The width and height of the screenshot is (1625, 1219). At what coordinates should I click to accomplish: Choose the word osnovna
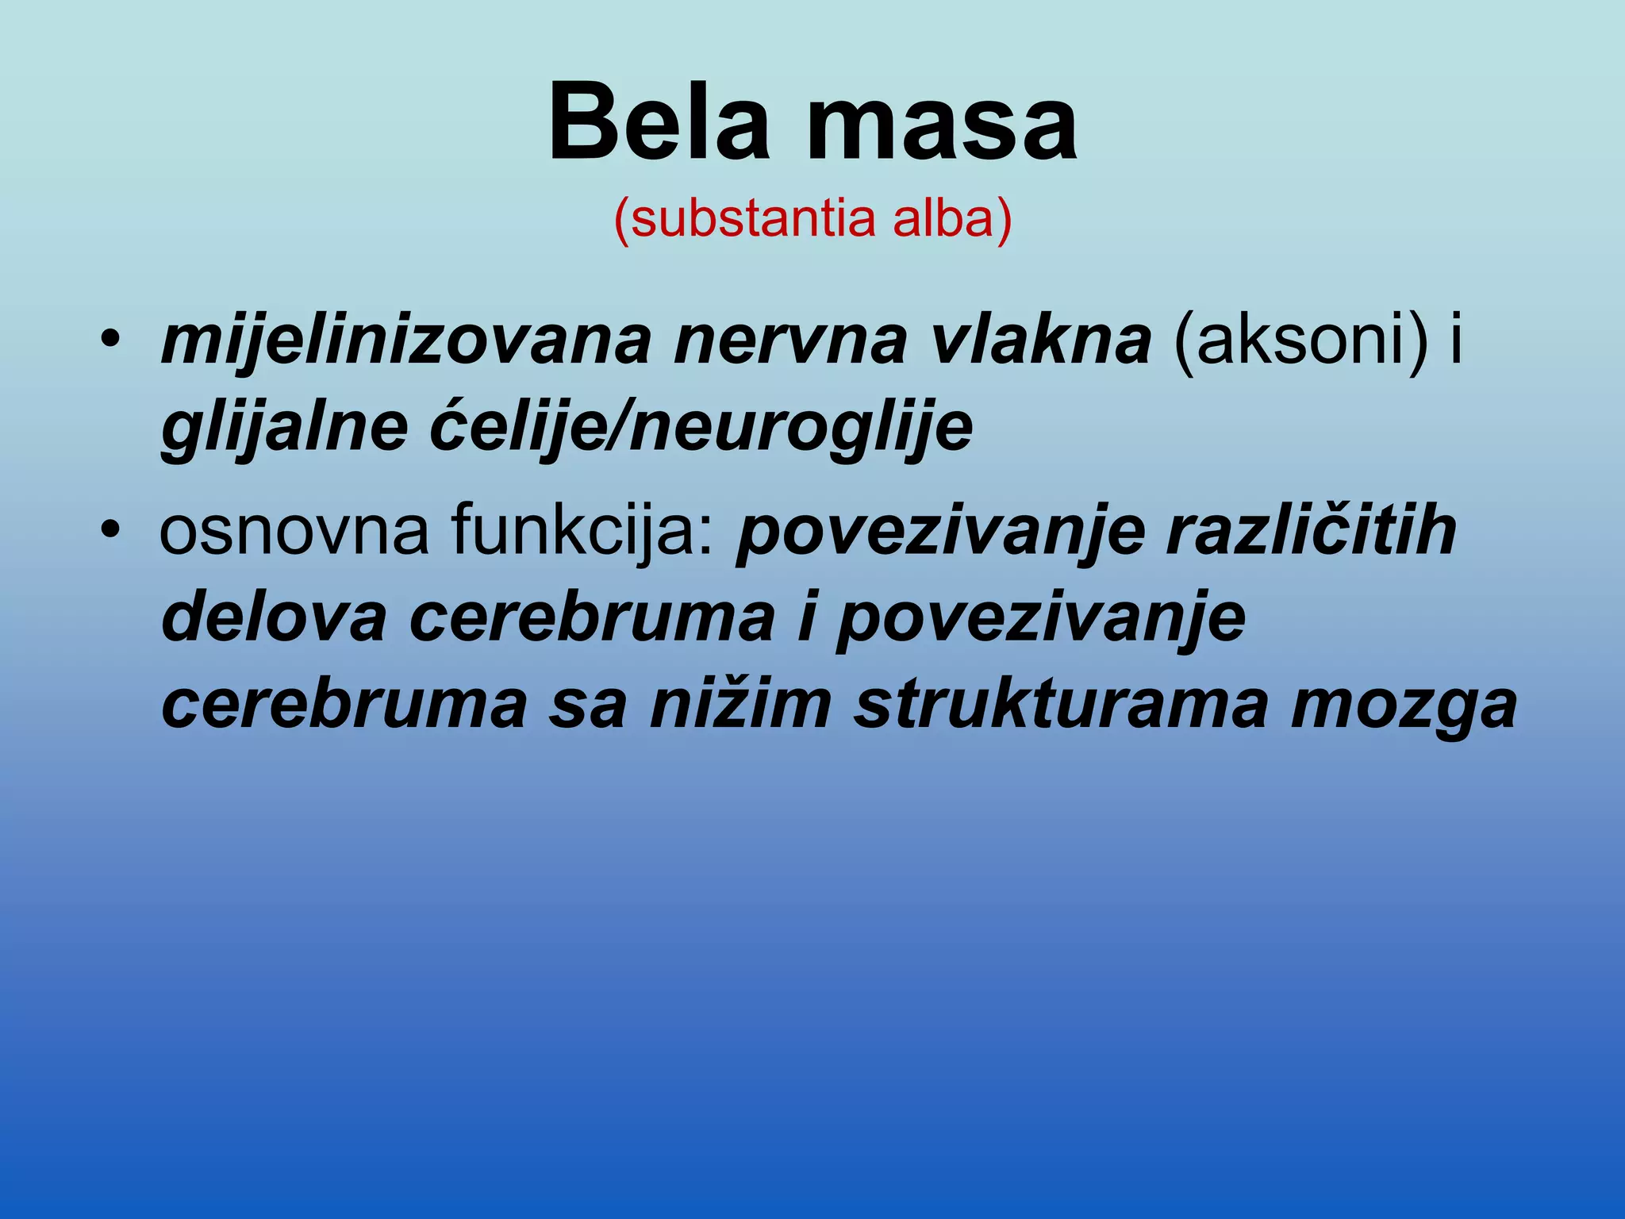click(294, 530)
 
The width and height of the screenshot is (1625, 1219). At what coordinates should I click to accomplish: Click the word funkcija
click(584, 530)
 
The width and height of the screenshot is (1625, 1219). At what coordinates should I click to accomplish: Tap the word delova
click(274, 617)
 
